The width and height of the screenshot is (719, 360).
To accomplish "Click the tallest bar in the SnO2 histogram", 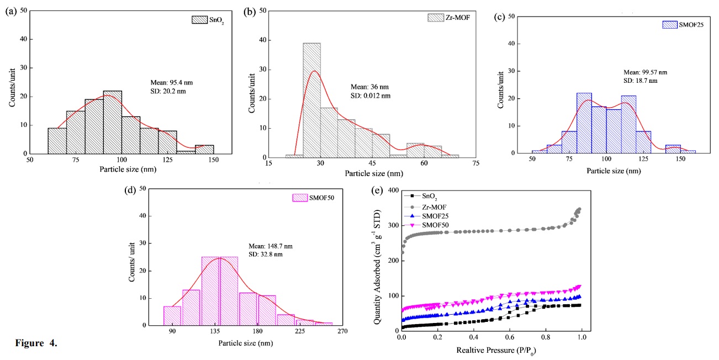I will coord(112,122).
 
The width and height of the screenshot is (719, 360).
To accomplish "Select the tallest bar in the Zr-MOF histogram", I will coord(311,99).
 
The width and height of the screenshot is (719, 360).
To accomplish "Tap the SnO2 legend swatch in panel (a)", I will coord(198,19).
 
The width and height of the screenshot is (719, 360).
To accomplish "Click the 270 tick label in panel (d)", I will coord(342,332).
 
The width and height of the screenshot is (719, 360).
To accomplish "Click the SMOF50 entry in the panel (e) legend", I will coord(433,224).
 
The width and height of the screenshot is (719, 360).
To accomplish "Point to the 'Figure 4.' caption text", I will coord(35,345).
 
